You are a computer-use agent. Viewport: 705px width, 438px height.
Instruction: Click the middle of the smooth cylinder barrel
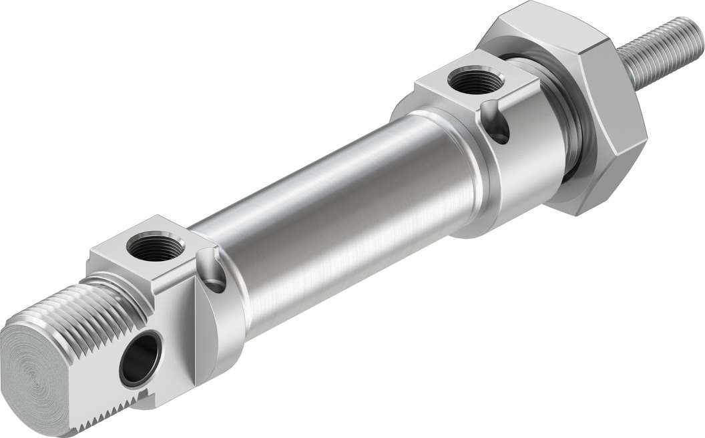[x=334, y=227]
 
